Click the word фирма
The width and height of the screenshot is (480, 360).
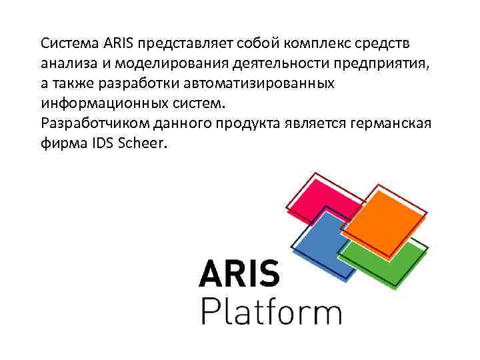pyautogui.click(x=62, y=144)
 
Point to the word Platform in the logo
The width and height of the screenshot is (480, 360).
pyautogui.click(x=271, y=310)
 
